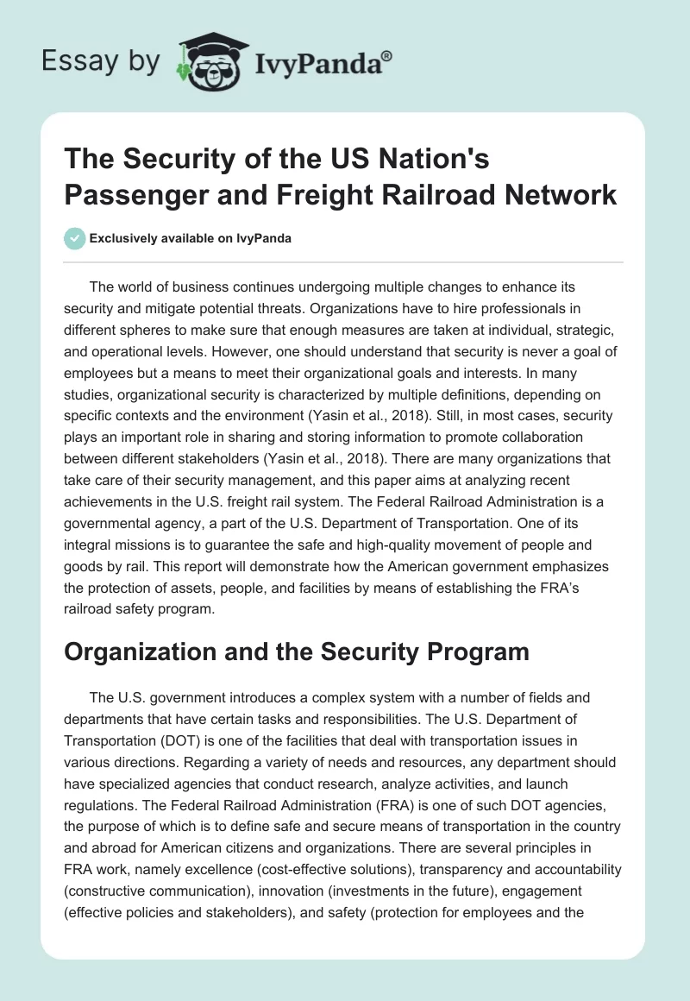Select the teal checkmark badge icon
pyautogui.click(x=75, y=238)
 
